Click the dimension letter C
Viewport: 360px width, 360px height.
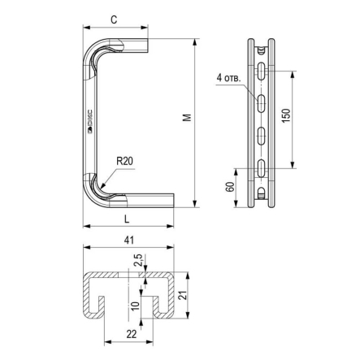(115, 20)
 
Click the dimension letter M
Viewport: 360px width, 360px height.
(187, 118)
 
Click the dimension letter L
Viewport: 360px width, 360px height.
(127, 219)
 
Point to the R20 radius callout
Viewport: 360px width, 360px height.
(124, 161)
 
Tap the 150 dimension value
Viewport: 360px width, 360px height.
(286, 115)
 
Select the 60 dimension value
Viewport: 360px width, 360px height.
(230, 187)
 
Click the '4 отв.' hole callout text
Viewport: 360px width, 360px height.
(228, 78)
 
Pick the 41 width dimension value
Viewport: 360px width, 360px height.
(128, 240)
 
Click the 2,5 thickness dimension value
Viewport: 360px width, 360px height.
(138, 260)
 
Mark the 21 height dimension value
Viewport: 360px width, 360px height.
(184, 295)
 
